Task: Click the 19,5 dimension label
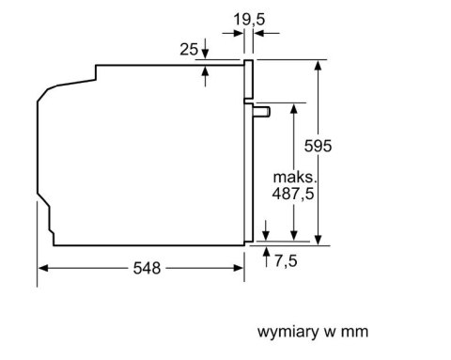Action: click(x=249, y=20)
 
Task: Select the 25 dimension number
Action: click(x=189, y=50)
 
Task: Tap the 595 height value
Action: click(x=318, y=146)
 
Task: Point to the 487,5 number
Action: click(x=293, y=194)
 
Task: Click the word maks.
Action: click(x=295, y=178)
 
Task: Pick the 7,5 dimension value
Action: click(x=286, y=260)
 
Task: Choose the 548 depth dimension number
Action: click(x=147, y=268)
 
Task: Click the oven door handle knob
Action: click(x=262, y=112)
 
